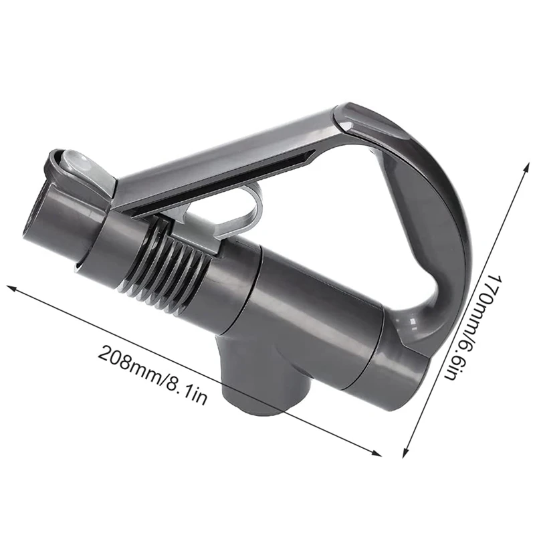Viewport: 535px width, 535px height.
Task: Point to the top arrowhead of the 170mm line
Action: [528, 165]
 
